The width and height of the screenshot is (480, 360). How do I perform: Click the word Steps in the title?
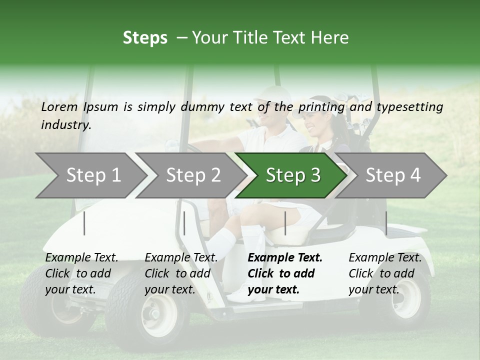[x=145, y=38]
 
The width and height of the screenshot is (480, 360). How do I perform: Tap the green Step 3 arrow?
[x=292, y=175]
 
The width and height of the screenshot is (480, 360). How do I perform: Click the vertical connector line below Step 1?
[x=84, y=223]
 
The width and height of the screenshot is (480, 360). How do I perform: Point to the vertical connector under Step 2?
[x=184, y=223]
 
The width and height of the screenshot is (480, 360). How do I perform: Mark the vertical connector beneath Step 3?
[x=285, y=223]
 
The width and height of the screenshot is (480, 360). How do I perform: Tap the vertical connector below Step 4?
[x=386, y=223]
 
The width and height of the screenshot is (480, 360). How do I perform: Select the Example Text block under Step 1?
[x=81, y=273]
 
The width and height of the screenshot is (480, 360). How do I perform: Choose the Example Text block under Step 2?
[x=181, y=273]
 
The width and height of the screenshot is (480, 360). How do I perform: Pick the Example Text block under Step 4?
[x=385, y=273]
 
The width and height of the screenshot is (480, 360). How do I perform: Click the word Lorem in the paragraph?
[x=59, y=106]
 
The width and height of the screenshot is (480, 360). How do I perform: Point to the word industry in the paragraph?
[x=66, y=125]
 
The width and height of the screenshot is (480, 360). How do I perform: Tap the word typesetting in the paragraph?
[x=409, y=107]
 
